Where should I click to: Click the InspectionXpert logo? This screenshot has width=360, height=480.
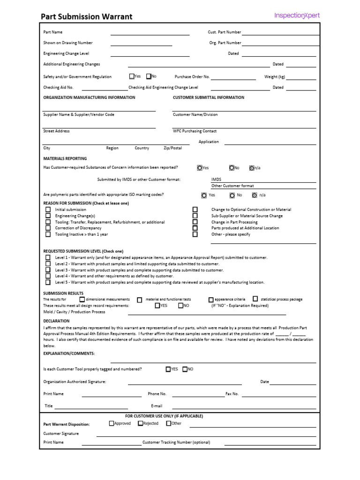click(297, 15)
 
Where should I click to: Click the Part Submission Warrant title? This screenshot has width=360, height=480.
click(86, 17)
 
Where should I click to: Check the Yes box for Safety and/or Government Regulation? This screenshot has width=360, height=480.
click(131, 76)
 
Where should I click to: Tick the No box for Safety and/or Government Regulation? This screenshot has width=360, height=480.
click(149, 76)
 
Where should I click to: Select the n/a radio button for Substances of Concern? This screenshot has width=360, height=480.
click(252, 167)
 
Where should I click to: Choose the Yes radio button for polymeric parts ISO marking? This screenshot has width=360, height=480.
click(203, 195)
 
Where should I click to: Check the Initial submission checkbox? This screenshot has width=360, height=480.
click(48, 210)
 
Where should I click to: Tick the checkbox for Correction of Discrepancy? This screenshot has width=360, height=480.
click(48, 228)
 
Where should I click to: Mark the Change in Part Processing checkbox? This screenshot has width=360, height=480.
click(195, 222)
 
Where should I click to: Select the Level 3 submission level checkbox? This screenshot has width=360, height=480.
click(48, 270)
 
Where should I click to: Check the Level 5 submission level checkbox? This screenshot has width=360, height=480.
click(48, 282)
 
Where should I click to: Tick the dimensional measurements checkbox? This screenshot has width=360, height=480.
click(82, 299)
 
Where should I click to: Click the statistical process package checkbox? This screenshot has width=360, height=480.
click(255, 299)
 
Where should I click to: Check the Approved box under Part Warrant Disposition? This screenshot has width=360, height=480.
click(112, 423)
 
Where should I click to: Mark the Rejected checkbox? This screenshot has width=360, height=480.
click(140, 423)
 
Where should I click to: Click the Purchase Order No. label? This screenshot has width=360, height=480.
click(192, 76)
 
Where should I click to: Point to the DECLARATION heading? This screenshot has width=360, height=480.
click(56, 321)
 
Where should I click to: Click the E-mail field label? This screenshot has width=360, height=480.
click(156, 406)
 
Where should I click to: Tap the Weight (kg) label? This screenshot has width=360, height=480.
click(274, 76)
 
